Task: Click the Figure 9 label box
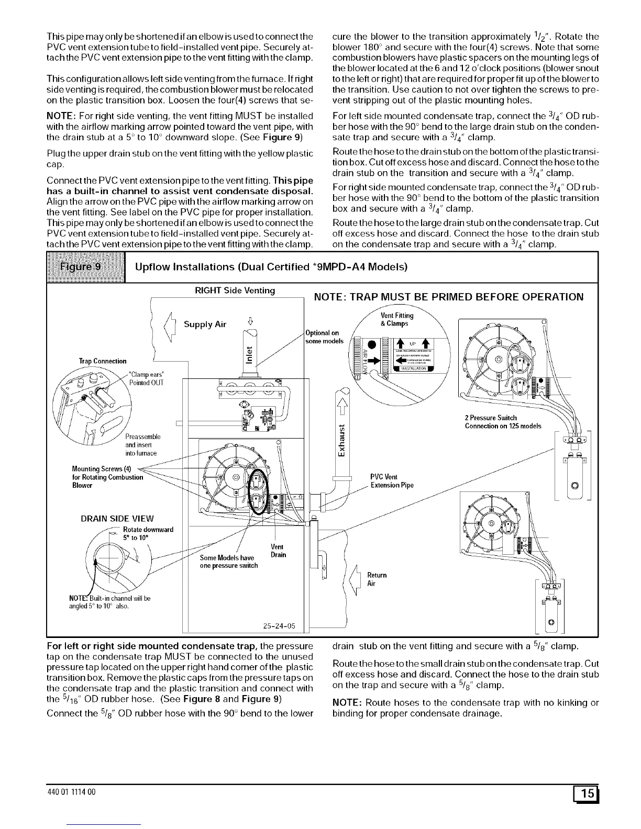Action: click(86, 267)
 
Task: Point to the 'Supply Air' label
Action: click(205, 324)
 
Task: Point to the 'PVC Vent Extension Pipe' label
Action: click(392, 481)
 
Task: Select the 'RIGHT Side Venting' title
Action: click(235, 290)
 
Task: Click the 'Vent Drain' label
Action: click(279, 551)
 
